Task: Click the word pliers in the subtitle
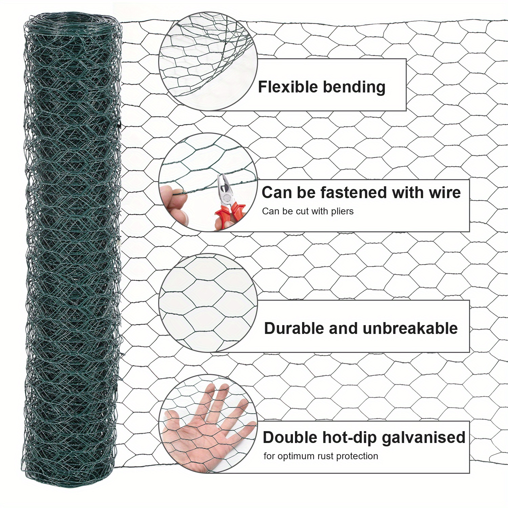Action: pyautogui.click(x=342, y=211)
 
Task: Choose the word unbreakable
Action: pyautogui.click(x=410, y=329)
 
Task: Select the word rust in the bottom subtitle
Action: pyautogui.click(x=325, y=456)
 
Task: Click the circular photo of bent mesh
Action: pyautogui.click(x=208, y=61)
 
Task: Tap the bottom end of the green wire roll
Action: pyautogui.click(x=68, y=474)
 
